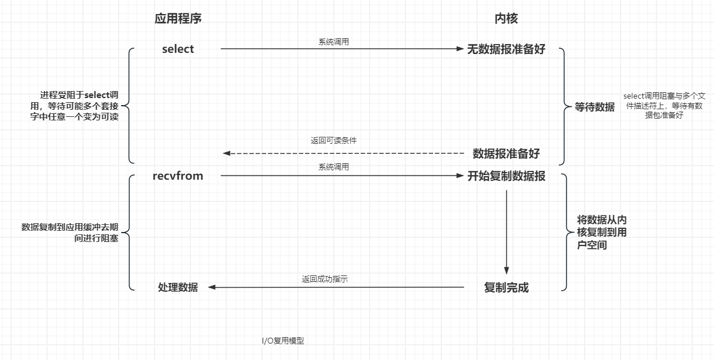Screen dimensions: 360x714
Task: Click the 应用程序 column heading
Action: click(178, 18)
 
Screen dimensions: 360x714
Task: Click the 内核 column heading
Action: click(506, 18)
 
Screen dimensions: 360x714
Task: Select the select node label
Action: click(178, 49)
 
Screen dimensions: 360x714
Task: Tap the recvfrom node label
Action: click(177, 176)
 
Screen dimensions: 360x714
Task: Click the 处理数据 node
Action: click(178, 287)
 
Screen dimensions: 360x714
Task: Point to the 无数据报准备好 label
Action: click(506, 49)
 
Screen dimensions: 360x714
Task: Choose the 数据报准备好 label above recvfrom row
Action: click(506, 154)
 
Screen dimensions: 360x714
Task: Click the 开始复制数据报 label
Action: click(506, 176)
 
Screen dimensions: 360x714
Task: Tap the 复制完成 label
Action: click(506, 288)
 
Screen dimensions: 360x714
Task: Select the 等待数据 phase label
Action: click(595, 107)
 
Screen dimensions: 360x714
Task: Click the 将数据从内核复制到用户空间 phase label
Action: click(601, 233)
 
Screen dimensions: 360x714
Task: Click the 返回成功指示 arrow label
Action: click(325, 279)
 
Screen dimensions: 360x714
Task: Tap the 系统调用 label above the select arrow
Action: click(334, 41)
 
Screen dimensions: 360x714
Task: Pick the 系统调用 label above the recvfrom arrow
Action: click(334, 167)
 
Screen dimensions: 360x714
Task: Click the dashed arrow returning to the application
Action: click(344, 153)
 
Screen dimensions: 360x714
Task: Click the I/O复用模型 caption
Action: click(283, 341)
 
